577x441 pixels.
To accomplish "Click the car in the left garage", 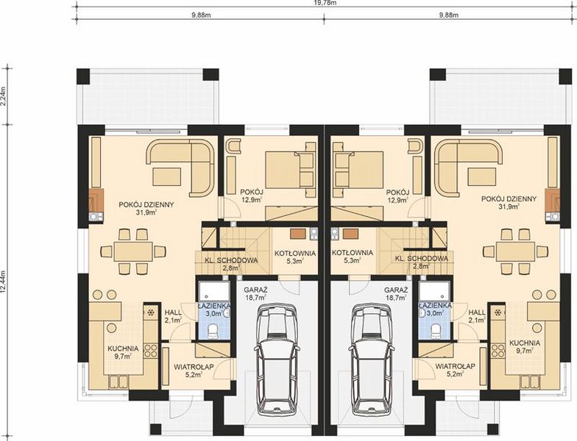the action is [277, 359].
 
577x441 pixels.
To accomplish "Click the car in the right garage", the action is [372, 359].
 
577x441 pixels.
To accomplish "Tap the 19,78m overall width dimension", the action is [324, 3].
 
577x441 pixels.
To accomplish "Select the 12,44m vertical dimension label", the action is [4, 282].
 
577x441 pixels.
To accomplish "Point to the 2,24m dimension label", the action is [4, 96].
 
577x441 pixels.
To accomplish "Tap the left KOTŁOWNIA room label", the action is [295, 253].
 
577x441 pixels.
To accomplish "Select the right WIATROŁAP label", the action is [455, 366].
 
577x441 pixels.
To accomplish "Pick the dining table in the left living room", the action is [133, 251].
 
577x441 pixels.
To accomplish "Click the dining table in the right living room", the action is [515, 251].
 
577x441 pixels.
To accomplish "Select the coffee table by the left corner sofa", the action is [167, 176].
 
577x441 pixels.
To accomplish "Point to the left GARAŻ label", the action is [255, 290].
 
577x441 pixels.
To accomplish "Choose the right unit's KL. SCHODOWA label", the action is [422, 259].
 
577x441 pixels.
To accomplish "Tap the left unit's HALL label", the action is [173, 312].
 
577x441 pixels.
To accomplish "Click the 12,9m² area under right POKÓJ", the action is [399, 200].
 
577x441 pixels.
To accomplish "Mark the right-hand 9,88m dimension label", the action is [449, 15].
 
